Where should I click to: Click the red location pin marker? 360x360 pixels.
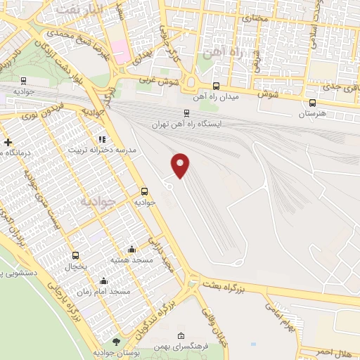point(181,165)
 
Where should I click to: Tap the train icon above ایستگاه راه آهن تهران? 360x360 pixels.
point(186,112)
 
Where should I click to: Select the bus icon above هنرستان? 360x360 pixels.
point(312,102)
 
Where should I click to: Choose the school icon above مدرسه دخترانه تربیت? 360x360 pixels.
point(102,139)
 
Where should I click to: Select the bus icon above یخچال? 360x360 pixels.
point(75,255)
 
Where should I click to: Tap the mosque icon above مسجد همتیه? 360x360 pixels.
point(131,249)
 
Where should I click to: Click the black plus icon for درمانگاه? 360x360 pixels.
point(8,142)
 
